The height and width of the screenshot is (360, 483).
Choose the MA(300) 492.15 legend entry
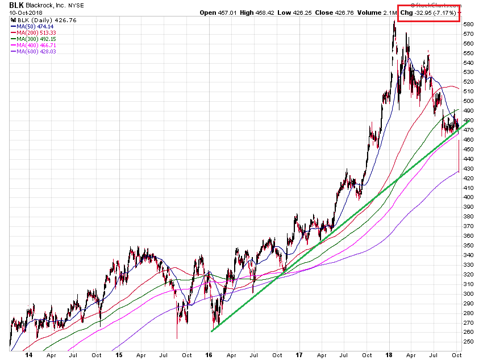click(35, 39)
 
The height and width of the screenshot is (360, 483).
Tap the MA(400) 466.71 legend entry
click(35, 45)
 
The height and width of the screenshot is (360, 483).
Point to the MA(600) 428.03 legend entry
click(35, 51)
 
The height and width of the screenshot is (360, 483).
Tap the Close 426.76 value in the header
click(338, 12)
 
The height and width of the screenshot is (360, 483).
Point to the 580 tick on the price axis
click(468, 24)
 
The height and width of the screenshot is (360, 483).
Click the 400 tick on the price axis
click(468, 197)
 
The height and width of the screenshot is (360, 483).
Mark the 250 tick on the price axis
click(468, 341)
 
